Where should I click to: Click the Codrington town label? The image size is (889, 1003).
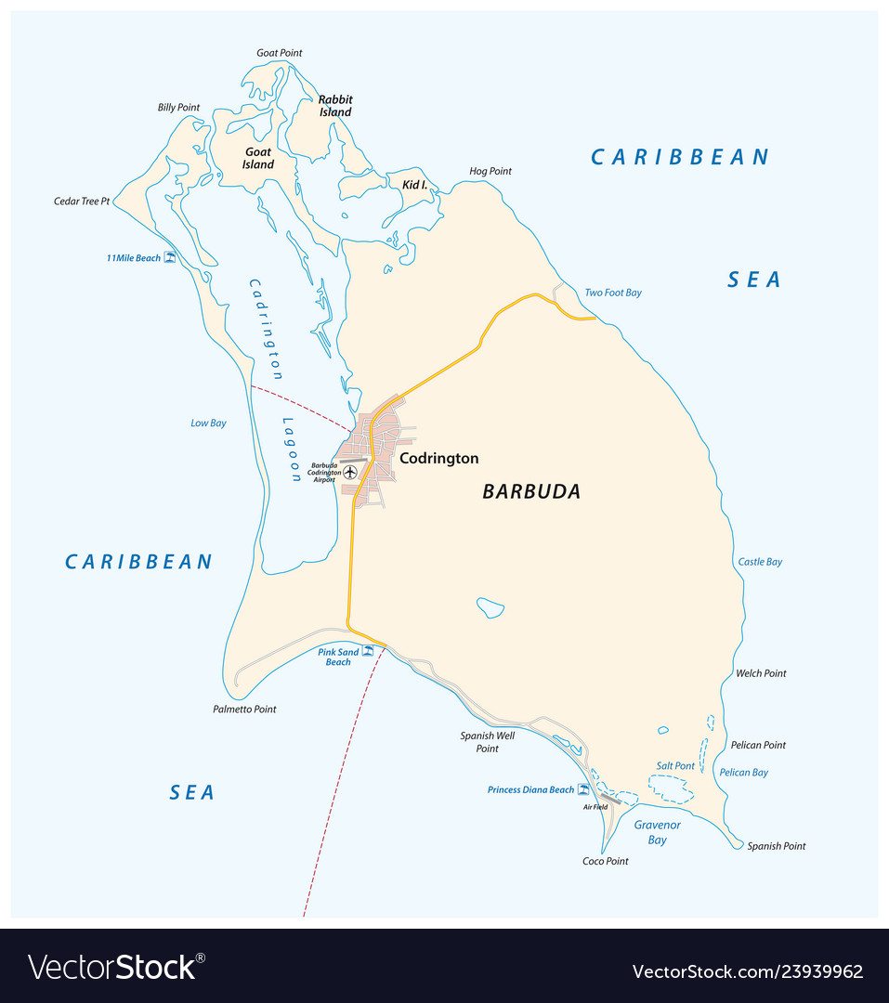click(438, 458)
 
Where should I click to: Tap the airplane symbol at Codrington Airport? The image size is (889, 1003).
click(350, 472)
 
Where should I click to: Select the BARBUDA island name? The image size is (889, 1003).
click(531, 492)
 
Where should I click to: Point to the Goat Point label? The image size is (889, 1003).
click(280, 53)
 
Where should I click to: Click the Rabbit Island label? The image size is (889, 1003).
click(335, 106)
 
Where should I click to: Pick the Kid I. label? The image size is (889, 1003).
click(414, 185)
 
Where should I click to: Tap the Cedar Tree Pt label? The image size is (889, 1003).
click(82, 201)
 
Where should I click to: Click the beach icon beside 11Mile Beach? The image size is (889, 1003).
click(170, 257)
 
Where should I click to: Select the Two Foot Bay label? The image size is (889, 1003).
click(613, 293)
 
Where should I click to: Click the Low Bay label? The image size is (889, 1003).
click(208, 423)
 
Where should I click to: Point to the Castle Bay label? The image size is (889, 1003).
click(760, 562)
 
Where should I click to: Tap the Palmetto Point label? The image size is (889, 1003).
click(244, 710)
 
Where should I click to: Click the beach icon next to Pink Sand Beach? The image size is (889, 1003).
click(367, 652)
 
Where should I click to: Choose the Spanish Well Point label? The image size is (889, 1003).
click(488, 742)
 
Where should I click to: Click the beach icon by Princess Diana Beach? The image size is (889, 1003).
click(583, 789)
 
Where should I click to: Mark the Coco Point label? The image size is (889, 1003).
click(606, 861)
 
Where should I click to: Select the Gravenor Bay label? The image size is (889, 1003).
click(658, 832)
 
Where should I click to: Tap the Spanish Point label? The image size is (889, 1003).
click(777, 846)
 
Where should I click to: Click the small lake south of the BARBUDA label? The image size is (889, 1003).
click(490, 608)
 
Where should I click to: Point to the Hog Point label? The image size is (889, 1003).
click(490, 171)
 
